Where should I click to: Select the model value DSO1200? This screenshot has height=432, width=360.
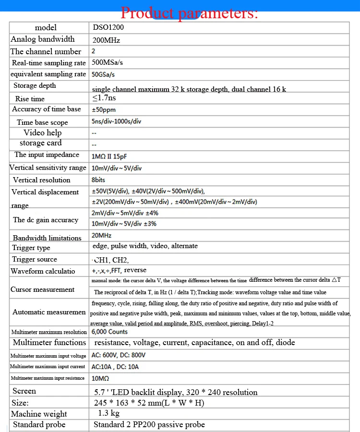click(x=108, y=27)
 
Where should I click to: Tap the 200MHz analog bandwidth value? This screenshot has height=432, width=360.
click(x=106, y=40)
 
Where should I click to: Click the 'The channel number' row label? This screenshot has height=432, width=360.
click(x=46, y=51)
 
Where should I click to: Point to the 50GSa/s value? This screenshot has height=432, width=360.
click(x=103, y=74)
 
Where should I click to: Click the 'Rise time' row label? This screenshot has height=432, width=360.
click(x=30, y=99)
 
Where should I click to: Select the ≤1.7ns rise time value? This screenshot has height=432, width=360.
click(x=104, y=98)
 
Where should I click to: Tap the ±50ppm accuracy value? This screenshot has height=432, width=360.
click(x=104, y=110)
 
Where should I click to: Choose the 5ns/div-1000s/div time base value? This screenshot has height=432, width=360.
click(x=117, y=121)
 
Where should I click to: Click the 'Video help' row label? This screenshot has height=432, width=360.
click(x=43, y=132)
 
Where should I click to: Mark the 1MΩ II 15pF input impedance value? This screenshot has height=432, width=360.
click(x=109, y=156)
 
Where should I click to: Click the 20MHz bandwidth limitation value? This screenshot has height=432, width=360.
click(x=102, y=236)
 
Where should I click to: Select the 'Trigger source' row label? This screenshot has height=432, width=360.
click(x=37, y=259)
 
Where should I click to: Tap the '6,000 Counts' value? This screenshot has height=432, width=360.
click(x=110, y=332)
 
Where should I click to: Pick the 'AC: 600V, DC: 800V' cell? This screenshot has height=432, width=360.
click(x=119, y=355)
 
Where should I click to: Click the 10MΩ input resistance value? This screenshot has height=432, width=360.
click(x=100, y=378)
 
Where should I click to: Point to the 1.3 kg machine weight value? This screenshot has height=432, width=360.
click(x=109, y=413)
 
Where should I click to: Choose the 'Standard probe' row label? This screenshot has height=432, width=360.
click(x=39, y=424)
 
